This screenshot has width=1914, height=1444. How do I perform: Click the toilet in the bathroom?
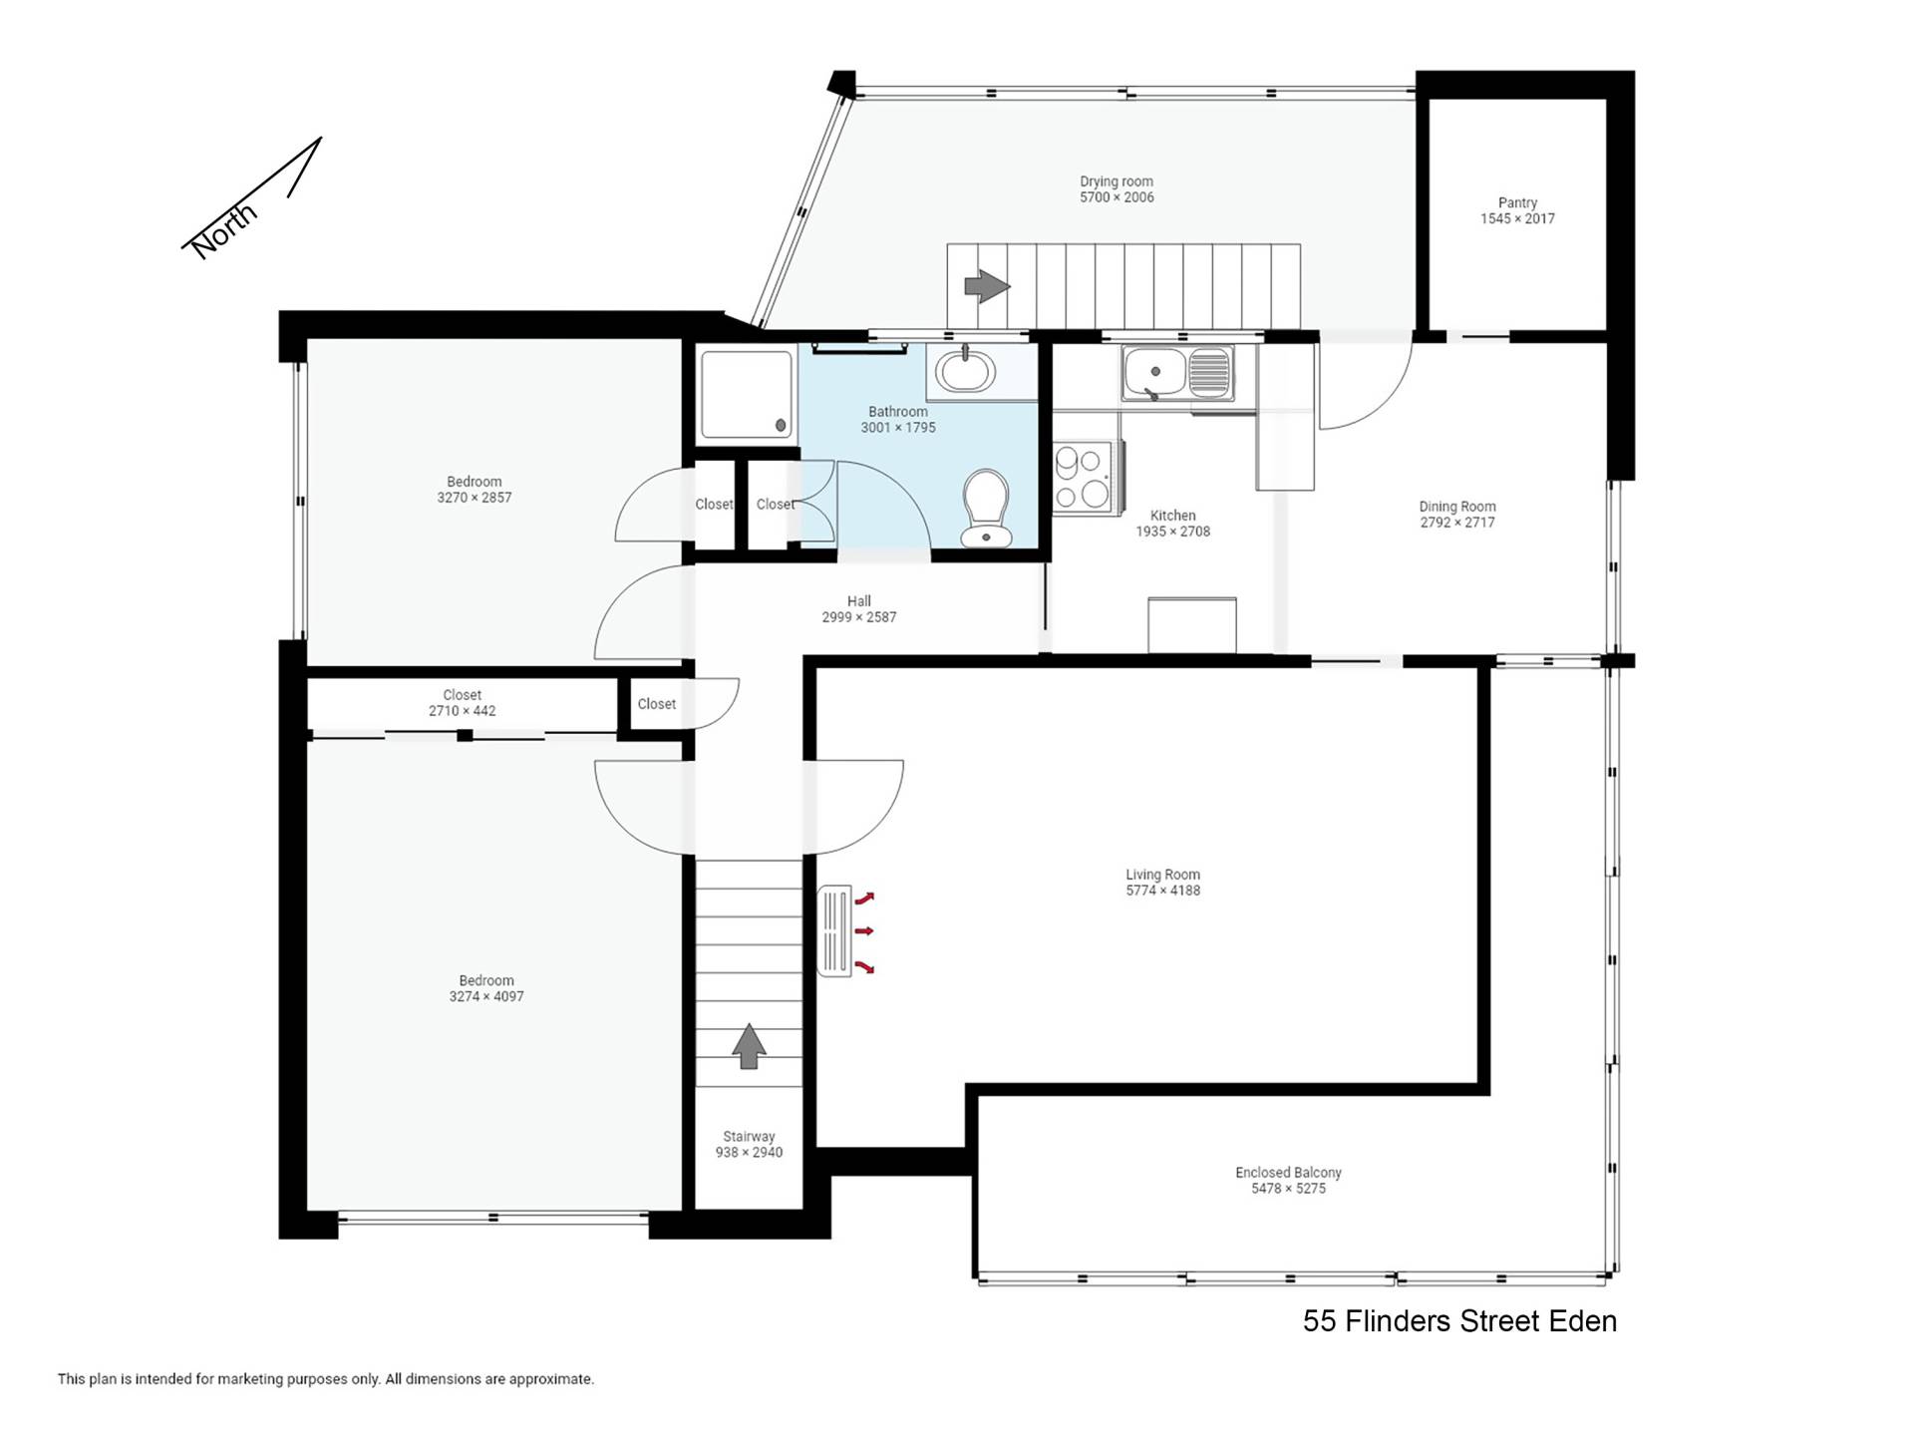tap(986, 509)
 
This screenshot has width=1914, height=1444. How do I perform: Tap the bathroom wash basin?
tap(965, 371)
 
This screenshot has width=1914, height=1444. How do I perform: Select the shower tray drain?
tap(781, 426)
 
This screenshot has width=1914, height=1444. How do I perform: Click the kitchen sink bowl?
tap(1154, 372)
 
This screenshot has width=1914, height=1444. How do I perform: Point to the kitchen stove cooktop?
tap(1084, 478)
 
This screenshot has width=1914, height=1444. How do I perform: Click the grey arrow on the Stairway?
tap(749, 1045)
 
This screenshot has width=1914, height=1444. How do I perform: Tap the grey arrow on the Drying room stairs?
tap(987, 286)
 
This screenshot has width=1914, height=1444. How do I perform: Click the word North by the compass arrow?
tap(224, 231)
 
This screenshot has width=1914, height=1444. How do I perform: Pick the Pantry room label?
tap(1517, 202)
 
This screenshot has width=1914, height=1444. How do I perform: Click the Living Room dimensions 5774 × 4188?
tap(1163, 891)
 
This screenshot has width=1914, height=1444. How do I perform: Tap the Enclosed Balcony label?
tap(1288, 1173)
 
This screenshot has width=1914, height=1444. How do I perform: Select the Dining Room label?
tap(1457, 507)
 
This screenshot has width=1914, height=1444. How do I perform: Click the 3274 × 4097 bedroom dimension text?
tap(486, 996)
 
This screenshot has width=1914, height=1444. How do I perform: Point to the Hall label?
tap(859, 601)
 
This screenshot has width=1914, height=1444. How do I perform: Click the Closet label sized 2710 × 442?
tap(463, 695)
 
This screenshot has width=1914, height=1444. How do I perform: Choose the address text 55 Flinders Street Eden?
tap(1459, 1321)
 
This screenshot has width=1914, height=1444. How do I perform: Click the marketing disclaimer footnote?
tap(326, 1379)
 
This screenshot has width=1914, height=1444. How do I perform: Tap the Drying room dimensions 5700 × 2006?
tap(1116, 197)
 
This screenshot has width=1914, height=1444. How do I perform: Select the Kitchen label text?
tap(1172, 516)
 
